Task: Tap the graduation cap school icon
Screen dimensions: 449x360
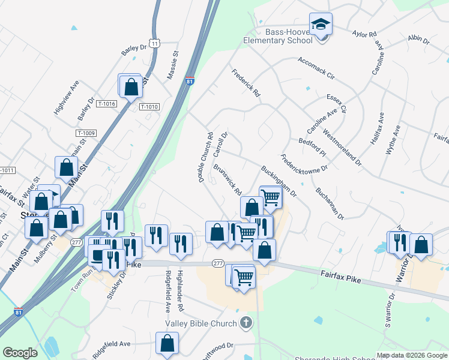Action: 321,25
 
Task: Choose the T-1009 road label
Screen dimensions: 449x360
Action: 86,133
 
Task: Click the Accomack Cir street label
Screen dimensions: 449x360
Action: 316,68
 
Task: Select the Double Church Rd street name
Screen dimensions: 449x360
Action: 206,158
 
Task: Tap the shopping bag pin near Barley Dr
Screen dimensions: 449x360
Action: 130,87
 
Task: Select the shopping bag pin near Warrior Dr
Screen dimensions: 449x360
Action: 421,245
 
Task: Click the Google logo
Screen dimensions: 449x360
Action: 20,353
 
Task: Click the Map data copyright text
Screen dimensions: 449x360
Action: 412,355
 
